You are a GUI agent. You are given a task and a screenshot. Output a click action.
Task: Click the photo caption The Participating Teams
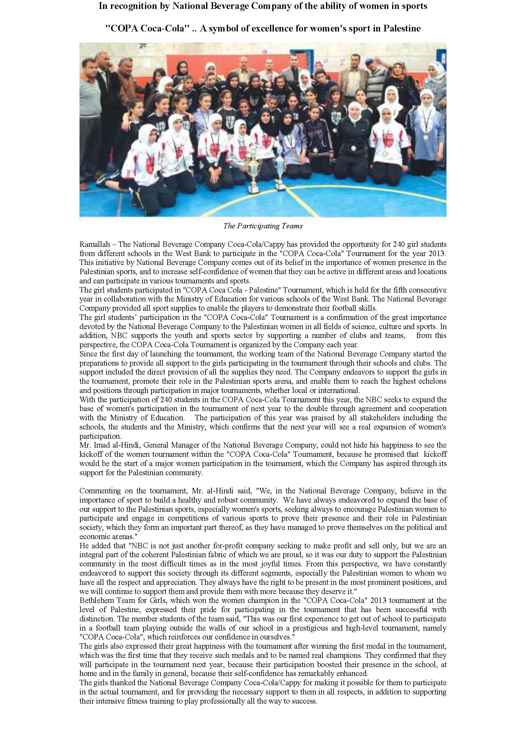pyautogui.click(x=263, y=226)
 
